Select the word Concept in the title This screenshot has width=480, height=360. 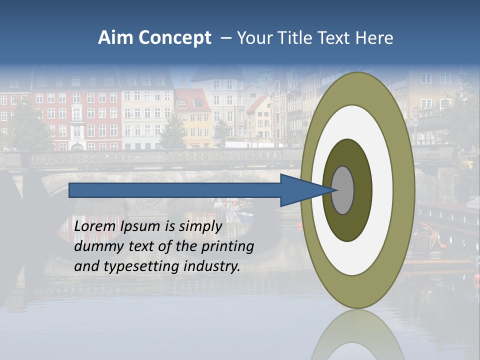click(x=174, y=38)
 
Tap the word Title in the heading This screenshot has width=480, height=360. click(x=296, y=38)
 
